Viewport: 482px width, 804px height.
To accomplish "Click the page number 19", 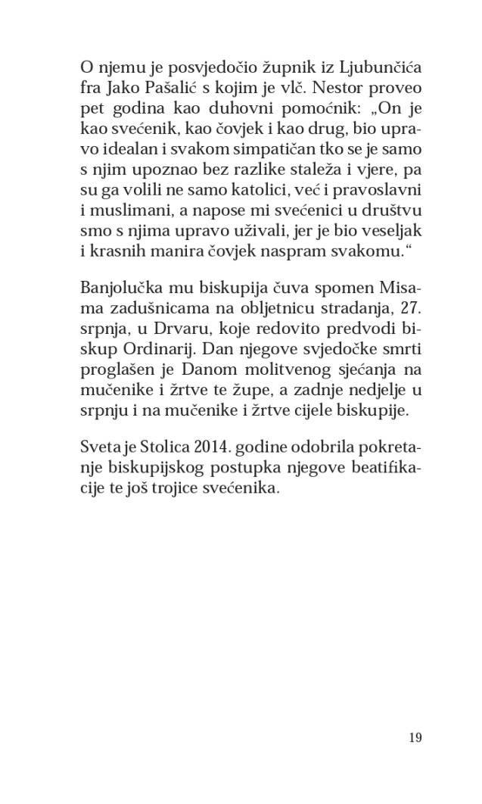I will (414, 737).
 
